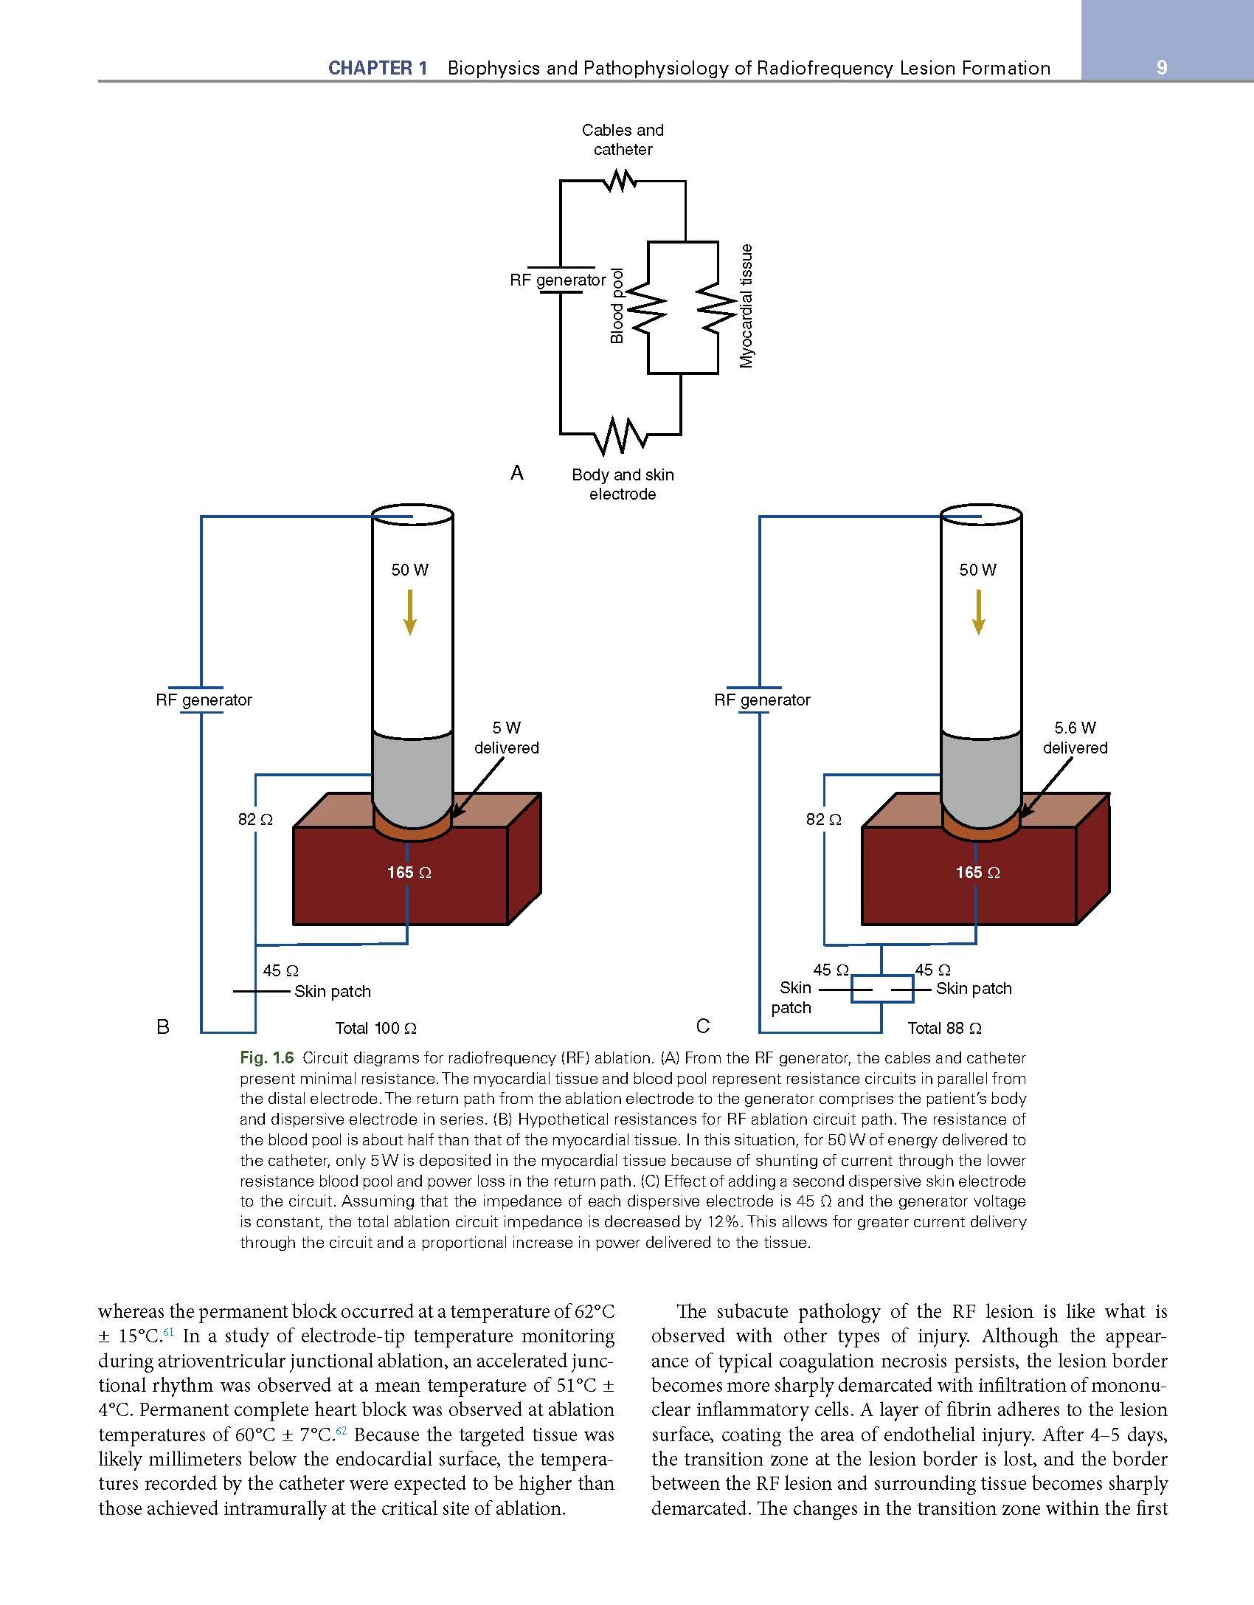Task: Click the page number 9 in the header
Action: click(x=1162, y=68)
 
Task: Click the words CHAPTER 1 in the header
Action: click(x=378, y=69)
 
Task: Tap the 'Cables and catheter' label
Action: click(x=623, y=139)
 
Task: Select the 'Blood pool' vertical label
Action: click(x=617, y=306)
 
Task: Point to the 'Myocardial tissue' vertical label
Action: click(x=748, y=306)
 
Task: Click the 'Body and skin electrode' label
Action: click(x=623, y=484)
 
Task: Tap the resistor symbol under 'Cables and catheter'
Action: click(x=620, y=180)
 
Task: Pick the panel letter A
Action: click(x=516, y=473)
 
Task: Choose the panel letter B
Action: click(x=163, y=1026)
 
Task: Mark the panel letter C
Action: click(x=702, y=1026)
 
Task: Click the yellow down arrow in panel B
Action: click(x=409, y=611)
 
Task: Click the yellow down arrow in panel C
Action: click(x=979, y=611)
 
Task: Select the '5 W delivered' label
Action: click(x=506, y=738)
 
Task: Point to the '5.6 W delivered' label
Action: click(x=1075, y=738)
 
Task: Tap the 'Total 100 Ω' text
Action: click(x=376, y=1028)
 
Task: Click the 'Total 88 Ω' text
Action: click(x=944, y=1028)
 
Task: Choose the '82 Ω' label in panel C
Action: click(x=823, y=819)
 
